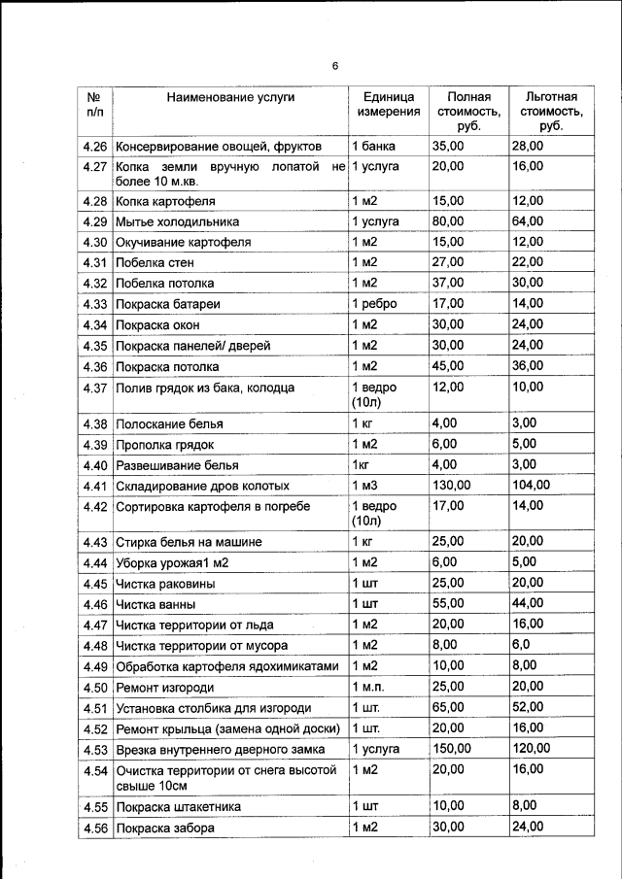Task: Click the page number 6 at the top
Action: [334, 66]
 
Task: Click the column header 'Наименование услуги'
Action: [230, 97]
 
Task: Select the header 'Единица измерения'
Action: [389, 104]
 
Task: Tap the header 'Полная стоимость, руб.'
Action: [468, 112]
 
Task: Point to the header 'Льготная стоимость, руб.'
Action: [551, 112]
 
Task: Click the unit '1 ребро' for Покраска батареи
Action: [374, 304]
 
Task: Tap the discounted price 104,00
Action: [532, 485]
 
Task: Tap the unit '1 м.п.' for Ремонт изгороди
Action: [370, 687]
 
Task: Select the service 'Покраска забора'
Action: [165, 828]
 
